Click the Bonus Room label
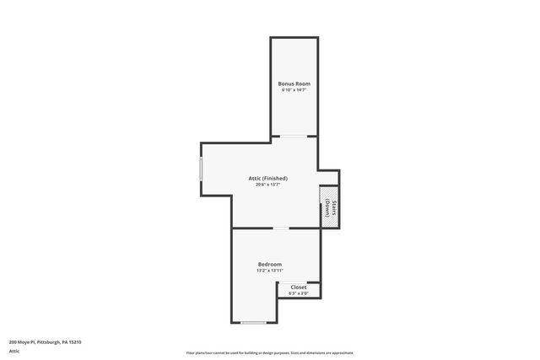[293, 83]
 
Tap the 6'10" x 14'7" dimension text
[293, 89]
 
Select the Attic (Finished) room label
[267, 178]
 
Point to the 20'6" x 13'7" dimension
[267, 184]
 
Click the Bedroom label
[270, 264]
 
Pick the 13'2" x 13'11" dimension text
[270, 270]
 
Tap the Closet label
[299, 287]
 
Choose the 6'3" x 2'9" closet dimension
[299, 293]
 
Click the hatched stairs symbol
[324, 206]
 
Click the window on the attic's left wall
[201, 167]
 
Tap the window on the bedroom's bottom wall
[253, 323]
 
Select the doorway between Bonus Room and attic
[293, 136]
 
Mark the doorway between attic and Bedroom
[280, 228]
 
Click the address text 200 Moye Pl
[23, 341]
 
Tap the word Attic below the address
[14, 351]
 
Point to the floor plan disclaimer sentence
[270, 353]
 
